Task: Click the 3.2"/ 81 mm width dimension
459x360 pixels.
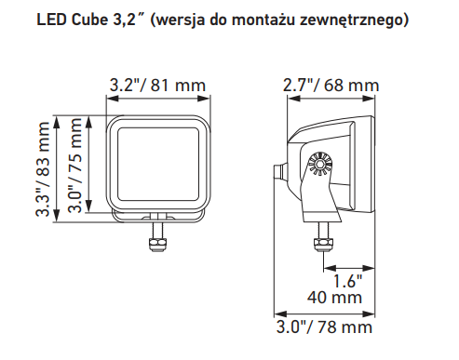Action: (x=157, y=86)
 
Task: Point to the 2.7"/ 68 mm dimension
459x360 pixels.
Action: (x=331, y=86)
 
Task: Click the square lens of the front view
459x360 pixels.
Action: (x=157, y=164)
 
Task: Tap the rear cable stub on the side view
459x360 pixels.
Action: (x=277, y=173)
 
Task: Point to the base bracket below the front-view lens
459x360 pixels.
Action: (x=157, y=213)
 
